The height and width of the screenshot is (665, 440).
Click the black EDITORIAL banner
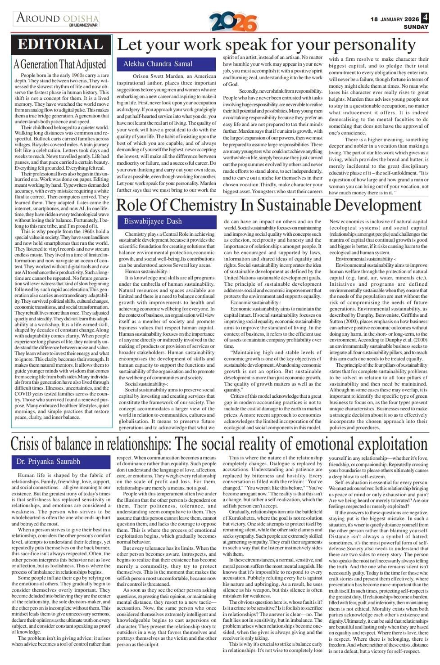click(x=61, y=45)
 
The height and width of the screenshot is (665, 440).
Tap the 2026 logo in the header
click(x=233, y=22)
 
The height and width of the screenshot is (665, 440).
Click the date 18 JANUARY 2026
click(x=395, y=19)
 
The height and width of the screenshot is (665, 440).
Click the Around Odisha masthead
click(x=58, y=18)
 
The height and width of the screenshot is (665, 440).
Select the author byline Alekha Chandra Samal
click(x=158, y=64)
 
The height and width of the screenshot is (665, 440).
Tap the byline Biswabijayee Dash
click(x=153, y=221)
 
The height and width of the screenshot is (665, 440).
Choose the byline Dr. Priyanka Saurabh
click(x=48, y=462)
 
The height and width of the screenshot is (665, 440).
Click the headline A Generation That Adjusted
click(x=60, y=64)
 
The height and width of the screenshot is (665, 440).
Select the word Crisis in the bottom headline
click(x=30, y=444)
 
